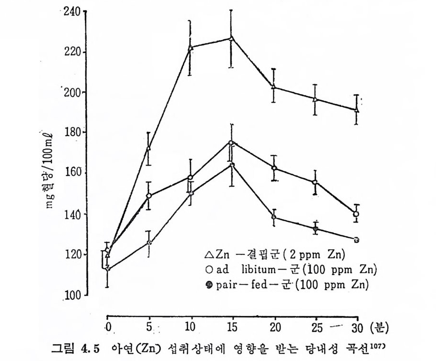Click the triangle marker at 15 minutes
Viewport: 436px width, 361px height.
point(231,38)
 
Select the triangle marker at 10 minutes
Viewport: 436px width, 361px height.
point(190,48)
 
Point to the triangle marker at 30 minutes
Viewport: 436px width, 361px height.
point(356,110)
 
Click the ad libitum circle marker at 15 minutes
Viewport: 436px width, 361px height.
point(231,143)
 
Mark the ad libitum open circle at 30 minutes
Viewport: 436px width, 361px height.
point(356,214)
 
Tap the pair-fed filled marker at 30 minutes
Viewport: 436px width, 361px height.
point(356,240)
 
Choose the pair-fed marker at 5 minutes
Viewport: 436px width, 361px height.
point(149,243)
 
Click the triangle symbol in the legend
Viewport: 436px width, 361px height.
point(207,254)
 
